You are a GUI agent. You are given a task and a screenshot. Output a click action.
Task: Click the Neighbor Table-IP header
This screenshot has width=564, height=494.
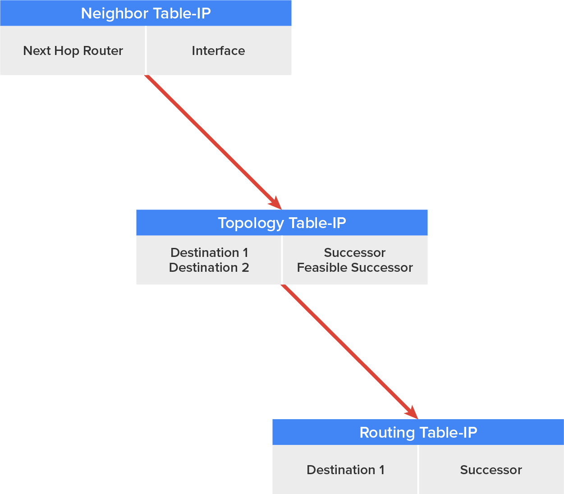146,13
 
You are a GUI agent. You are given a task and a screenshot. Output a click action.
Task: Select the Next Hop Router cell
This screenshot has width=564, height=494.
73,50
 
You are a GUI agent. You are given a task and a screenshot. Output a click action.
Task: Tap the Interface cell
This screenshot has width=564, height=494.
218,50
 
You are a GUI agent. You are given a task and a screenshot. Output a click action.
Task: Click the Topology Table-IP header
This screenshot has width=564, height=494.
282,223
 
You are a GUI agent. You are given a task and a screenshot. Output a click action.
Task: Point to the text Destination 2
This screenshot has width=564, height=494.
209,268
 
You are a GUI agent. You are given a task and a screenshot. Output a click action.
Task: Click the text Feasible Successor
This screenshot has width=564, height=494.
355,268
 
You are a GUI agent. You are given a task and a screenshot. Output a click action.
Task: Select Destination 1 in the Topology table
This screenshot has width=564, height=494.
209,252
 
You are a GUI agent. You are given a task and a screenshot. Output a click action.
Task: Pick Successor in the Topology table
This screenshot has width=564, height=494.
355,252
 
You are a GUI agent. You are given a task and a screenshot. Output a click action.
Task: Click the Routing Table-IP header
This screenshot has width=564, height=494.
418,432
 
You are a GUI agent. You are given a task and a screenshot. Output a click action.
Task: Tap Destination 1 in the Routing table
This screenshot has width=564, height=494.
345,470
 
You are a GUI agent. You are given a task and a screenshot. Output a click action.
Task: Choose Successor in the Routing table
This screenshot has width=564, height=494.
491,470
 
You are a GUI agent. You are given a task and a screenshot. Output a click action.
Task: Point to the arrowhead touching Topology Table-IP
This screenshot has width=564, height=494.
275,203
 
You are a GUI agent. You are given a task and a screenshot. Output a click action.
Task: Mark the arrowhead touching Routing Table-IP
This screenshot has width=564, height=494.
412,412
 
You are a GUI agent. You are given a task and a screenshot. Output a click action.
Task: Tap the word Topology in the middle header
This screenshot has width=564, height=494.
251,223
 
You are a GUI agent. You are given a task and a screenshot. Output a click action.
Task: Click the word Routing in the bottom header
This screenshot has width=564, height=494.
387,432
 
